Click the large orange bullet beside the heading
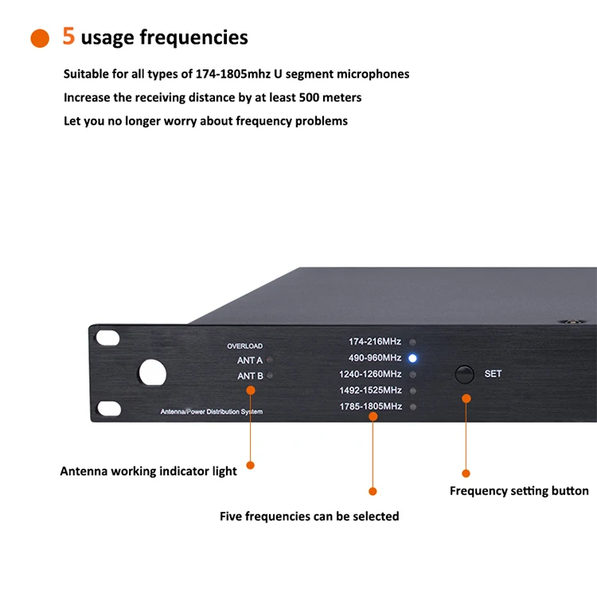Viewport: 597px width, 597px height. coord(39,38)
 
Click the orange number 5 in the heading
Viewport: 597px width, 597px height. coord(68,37)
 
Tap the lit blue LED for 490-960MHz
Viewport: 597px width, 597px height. coord(412,358)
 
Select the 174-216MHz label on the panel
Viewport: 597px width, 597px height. coord(375,341)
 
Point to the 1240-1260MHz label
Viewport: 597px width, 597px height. coord(371,374)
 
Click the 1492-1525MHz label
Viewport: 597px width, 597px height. coord(371,391)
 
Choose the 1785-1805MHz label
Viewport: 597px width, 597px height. coord(371,407)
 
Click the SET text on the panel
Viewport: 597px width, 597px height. coord(493,373)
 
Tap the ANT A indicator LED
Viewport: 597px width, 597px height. coord(270,361)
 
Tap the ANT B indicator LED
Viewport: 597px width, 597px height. coord(270,376)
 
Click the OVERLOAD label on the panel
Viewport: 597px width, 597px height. coord(244,346)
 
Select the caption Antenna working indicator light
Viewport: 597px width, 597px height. coord(148,471)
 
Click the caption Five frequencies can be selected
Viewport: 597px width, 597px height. coord(309,517)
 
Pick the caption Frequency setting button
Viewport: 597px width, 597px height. coord(519,491)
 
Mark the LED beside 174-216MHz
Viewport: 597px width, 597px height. coord(412,342)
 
